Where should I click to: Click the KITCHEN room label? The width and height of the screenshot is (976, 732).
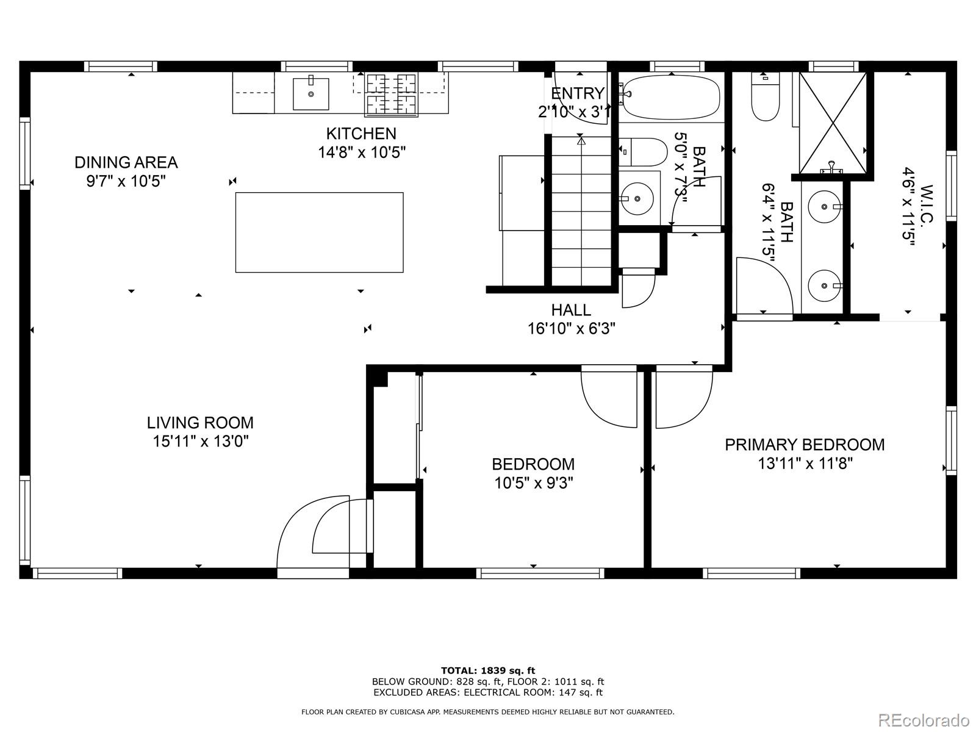pos(361,134)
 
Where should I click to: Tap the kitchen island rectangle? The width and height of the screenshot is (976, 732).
pos(319,232)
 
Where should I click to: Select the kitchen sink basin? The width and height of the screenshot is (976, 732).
pos(310,93)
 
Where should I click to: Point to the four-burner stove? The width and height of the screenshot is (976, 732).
pos(391,95)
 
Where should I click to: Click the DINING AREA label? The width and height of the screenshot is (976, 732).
pos(126,162)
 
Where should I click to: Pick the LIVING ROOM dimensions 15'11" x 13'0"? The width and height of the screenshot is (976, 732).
pos(200,441)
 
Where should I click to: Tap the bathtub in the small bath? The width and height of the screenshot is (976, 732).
pos(671,97)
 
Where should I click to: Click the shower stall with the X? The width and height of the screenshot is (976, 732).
pos(833,123)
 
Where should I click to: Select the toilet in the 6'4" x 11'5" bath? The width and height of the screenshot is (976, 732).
pos(766,98)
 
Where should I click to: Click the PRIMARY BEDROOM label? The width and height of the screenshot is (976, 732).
pos(805,445)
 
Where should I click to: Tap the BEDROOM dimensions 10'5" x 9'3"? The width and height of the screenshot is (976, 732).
pos(533,483)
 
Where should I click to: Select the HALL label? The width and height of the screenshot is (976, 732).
pos(571,310)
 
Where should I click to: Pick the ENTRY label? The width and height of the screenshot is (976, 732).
pos(577,93)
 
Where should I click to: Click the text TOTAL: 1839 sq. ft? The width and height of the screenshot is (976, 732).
pos(487,670)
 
